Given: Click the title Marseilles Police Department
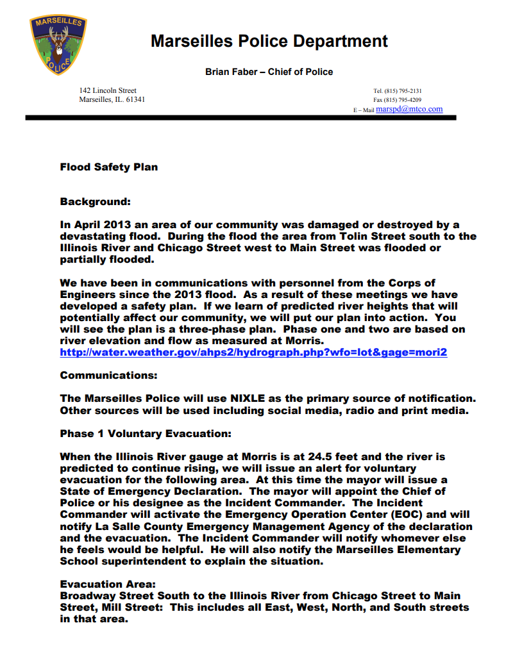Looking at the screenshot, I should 269,42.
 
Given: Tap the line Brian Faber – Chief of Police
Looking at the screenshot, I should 269,72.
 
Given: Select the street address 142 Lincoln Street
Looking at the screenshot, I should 108,91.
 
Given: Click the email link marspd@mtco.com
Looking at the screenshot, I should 409,110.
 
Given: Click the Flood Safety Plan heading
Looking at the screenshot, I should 108,167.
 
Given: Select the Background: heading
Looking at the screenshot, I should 95,202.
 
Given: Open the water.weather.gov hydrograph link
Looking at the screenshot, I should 253,352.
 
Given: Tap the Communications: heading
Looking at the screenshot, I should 108,376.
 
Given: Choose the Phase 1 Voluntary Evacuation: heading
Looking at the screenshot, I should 146,434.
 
